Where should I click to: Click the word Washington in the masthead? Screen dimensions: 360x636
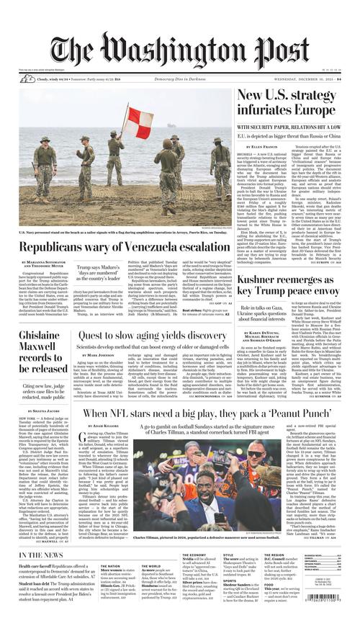tap(194, 50)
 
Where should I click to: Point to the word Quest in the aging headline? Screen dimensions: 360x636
tap(95, 336)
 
